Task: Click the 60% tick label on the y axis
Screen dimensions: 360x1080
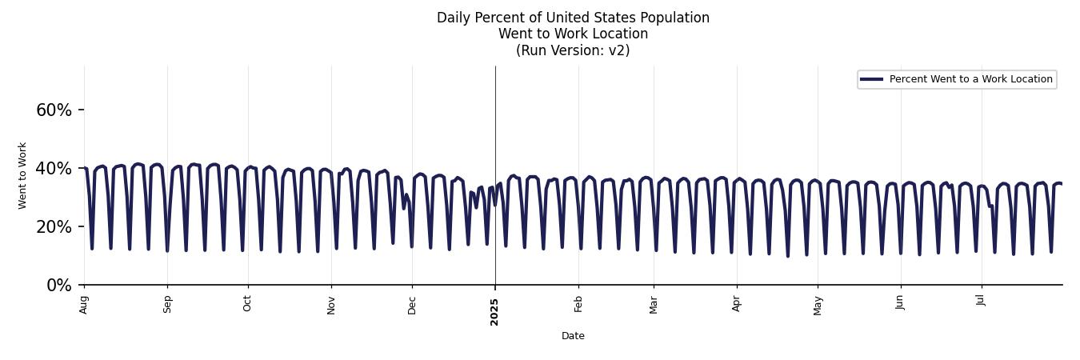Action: [x=54, y=110]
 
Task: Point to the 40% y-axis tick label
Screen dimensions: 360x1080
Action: [x=54, y=169]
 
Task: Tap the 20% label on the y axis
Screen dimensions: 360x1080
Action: [x=54, y=227]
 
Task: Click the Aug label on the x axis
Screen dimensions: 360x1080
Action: [x=84, y=304]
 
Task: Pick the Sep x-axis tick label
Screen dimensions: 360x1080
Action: [x=167, y=304]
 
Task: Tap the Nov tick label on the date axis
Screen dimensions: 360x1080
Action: [x=331, y=305]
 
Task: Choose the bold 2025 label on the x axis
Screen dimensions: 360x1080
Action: [x=494, y=312]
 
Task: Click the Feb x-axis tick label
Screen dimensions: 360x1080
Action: [x=578, y=304]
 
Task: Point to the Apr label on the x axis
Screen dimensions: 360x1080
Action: [x=737, y=304]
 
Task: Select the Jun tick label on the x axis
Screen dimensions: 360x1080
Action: [x=900, y=303]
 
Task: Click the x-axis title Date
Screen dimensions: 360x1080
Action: [x=573, y=336]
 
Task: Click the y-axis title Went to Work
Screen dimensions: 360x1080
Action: [x=22, y=175]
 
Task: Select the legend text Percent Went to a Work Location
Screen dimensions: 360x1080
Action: [x=970, y=79]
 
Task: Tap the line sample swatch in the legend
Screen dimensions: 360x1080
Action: [x=871, y=79]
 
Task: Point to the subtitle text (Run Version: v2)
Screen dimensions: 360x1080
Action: [x=573, y=50]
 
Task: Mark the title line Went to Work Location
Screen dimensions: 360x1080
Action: [x=573, y=34]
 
